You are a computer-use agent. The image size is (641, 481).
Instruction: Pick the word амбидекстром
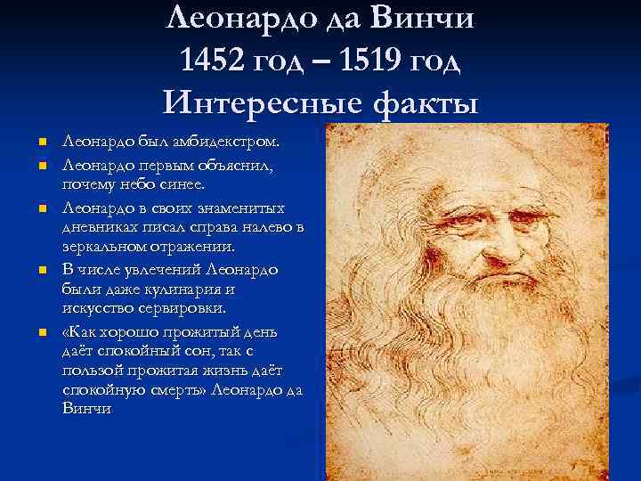231,141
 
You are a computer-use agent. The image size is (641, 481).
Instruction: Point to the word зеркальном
109,247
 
